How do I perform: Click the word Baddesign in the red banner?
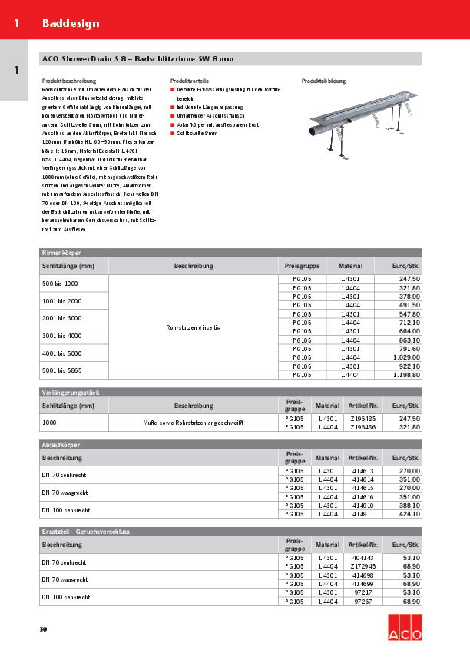[71, 23]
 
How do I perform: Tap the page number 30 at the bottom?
[43, 630]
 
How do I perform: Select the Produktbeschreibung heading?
[69, 81]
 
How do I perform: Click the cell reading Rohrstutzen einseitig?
[193, 327]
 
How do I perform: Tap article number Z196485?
[362, 419]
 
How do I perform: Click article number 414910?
[362, 506]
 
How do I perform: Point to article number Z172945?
[362, 566]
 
